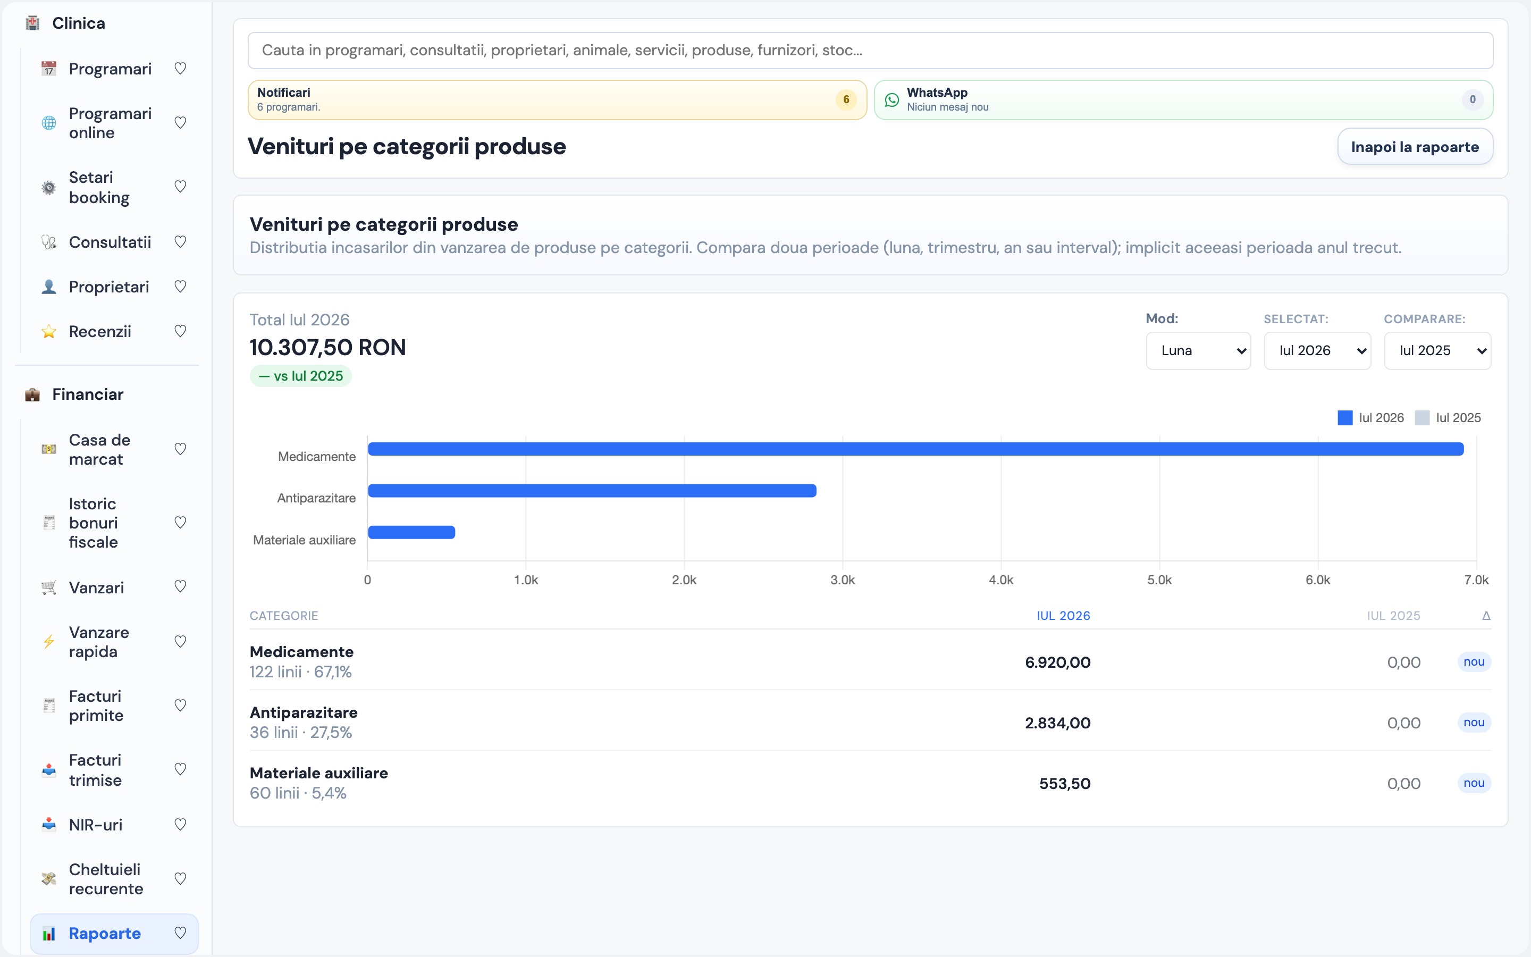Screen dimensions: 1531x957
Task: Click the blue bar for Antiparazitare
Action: coord(592,491)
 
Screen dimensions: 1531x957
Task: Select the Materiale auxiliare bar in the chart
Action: coord(412,532)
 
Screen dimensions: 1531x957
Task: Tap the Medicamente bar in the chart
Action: coord(916,449)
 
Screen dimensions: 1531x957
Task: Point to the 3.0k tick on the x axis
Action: coord(843,580)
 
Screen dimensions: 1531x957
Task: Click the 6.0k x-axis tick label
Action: coord(1318,580)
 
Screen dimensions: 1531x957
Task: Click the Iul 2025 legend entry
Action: coord(1448,418)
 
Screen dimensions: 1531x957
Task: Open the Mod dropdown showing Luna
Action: coord(1198,351)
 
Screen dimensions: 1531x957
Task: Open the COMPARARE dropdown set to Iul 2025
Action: coord(1437,351)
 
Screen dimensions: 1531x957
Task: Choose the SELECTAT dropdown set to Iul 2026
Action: coord(1317,351)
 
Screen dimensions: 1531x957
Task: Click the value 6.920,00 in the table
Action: coord(1058,662)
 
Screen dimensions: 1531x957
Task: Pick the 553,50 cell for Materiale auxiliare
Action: coord(1065,784)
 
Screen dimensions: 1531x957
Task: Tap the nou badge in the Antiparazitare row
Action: coord(1474,722)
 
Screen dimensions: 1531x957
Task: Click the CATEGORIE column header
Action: coord(284,616)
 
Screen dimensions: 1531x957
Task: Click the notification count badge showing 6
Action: coord(846,99)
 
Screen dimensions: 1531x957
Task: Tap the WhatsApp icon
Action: coord(891,100)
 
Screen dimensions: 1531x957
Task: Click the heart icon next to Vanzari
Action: coord(180,587)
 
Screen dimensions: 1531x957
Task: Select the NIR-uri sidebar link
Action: coord(96,825)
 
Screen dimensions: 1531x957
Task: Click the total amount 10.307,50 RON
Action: coord(327,348)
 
